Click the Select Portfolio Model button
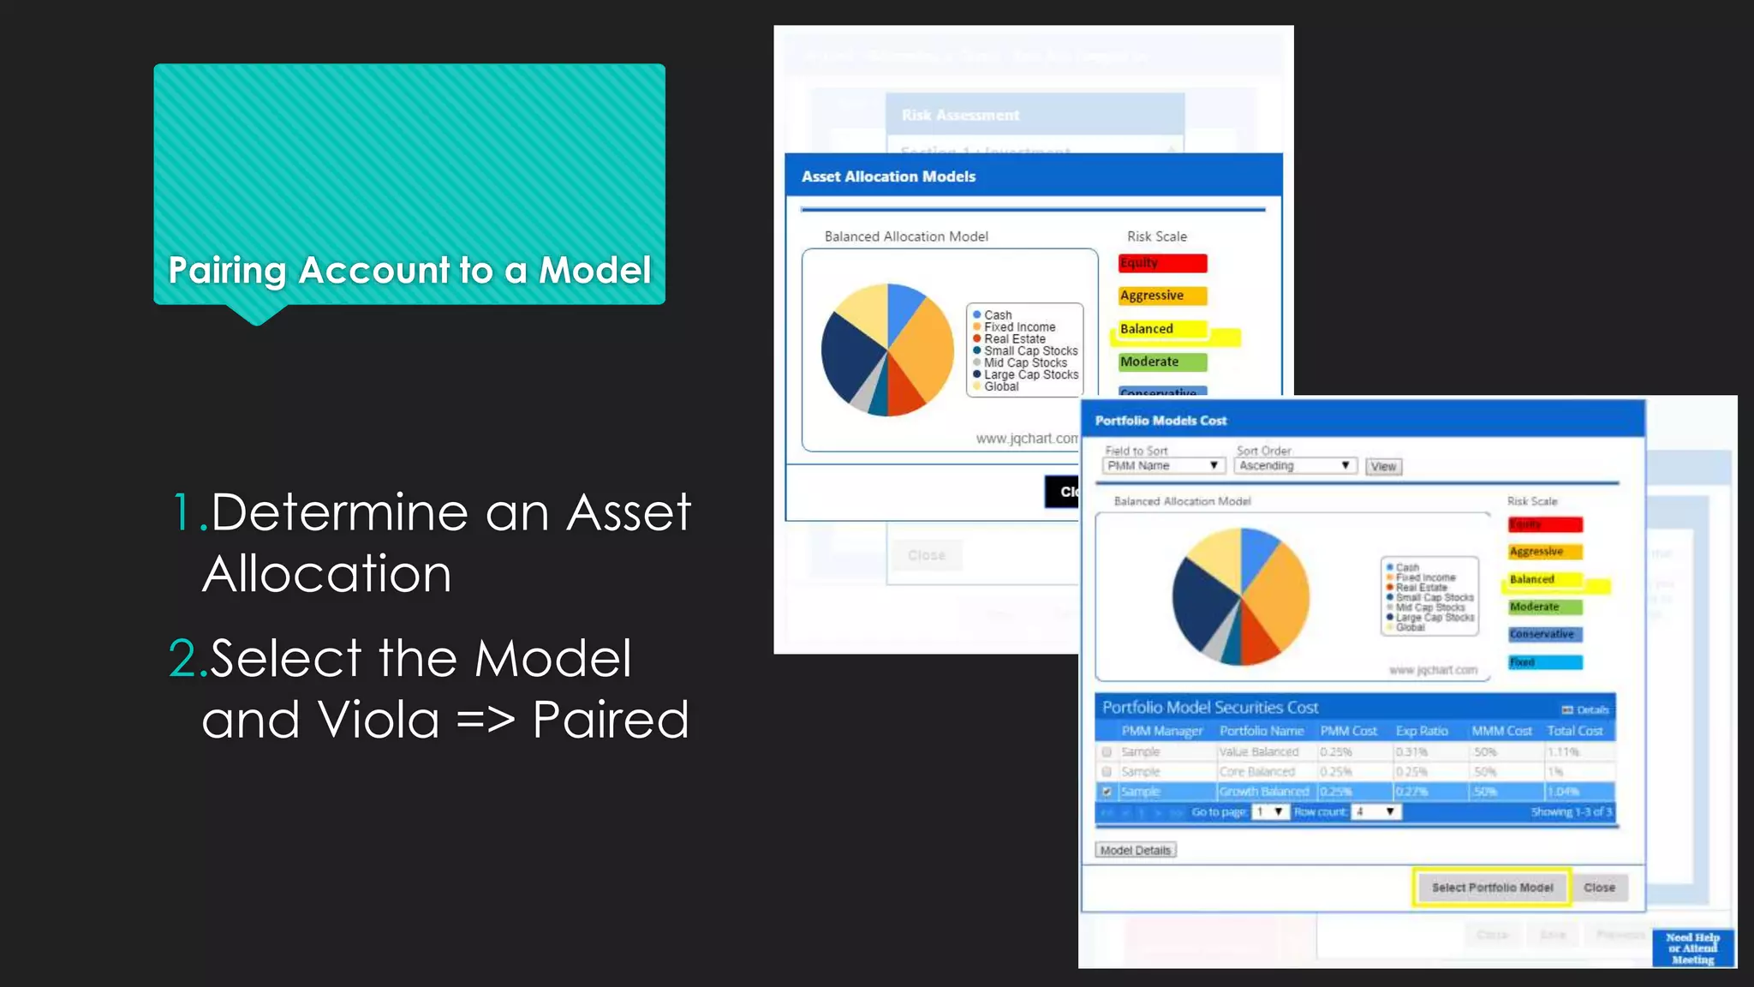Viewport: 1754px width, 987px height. tap(1491, 888)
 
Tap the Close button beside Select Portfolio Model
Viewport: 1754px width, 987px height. tap(1599, 888)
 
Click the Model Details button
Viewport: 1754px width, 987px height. tap(1135, 850)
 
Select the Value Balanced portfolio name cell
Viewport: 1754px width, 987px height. tap(1259, 751)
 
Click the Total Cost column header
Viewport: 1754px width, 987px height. tap(1574, 731)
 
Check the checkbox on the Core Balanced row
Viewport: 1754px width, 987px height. tap(1107, 771)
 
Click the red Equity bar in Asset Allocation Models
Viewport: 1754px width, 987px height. tap(1162, 263)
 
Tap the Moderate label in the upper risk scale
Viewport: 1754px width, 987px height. tap(1149, 362)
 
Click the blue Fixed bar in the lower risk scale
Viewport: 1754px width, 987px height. tap(1545, 662)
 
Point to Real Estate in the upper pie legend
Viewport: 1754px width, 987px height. tap(1014, 339)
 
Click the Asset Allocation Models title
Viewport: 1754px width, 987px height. tap(888, 176)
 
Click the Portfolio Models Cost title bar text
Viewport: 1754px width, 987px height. tap(1160, 421)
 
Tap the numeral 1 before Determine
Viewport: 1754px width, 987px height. tap(182, 512)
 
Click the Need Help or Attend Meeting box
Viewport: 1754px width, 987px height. tap(1692, 948)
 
